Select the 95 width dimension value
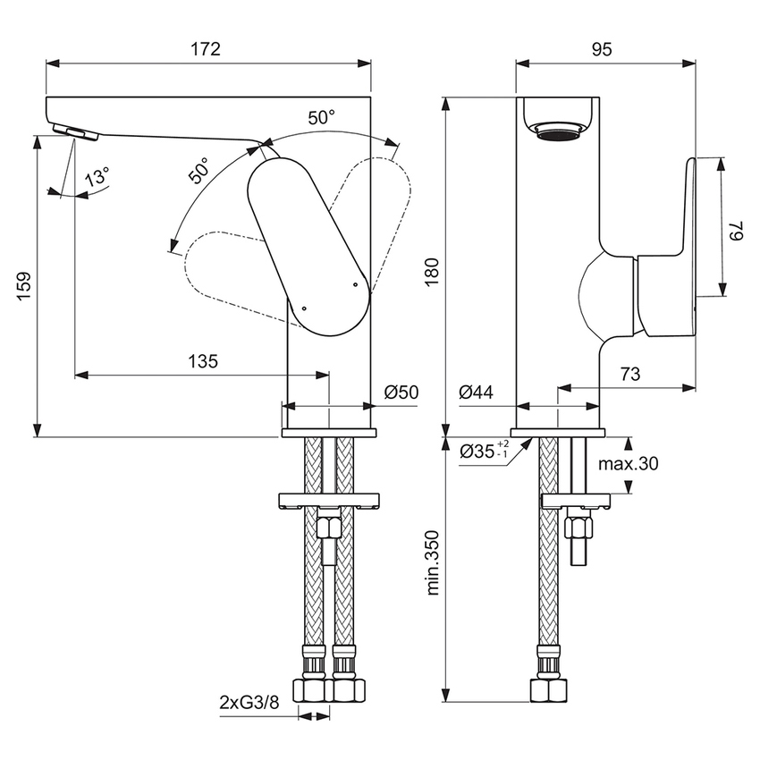tap(602, 49)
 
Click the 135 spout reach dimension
tap(202, 361)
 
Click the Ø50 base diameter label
tap(401, 392)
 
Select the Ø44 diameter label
tap(476, 392)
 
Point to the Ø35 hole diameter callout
tap(484, 451)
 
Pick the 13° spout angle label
tap(97, 176)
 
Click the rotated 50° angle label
tap(198, 170)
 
